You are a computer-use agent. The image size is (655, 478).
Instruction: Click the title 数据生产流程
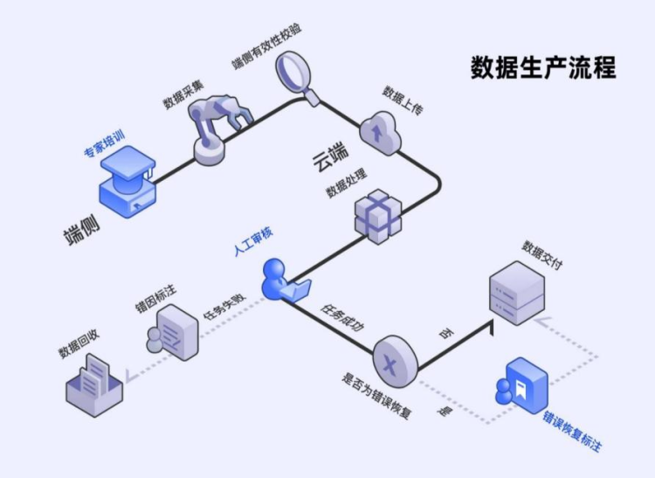tap(542, 67)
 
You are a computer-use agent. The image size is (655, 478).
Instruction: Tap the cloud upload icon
tap(378, 131)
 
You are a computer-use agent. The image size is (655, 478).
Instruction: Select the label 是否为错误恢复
tap(376, 398)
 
